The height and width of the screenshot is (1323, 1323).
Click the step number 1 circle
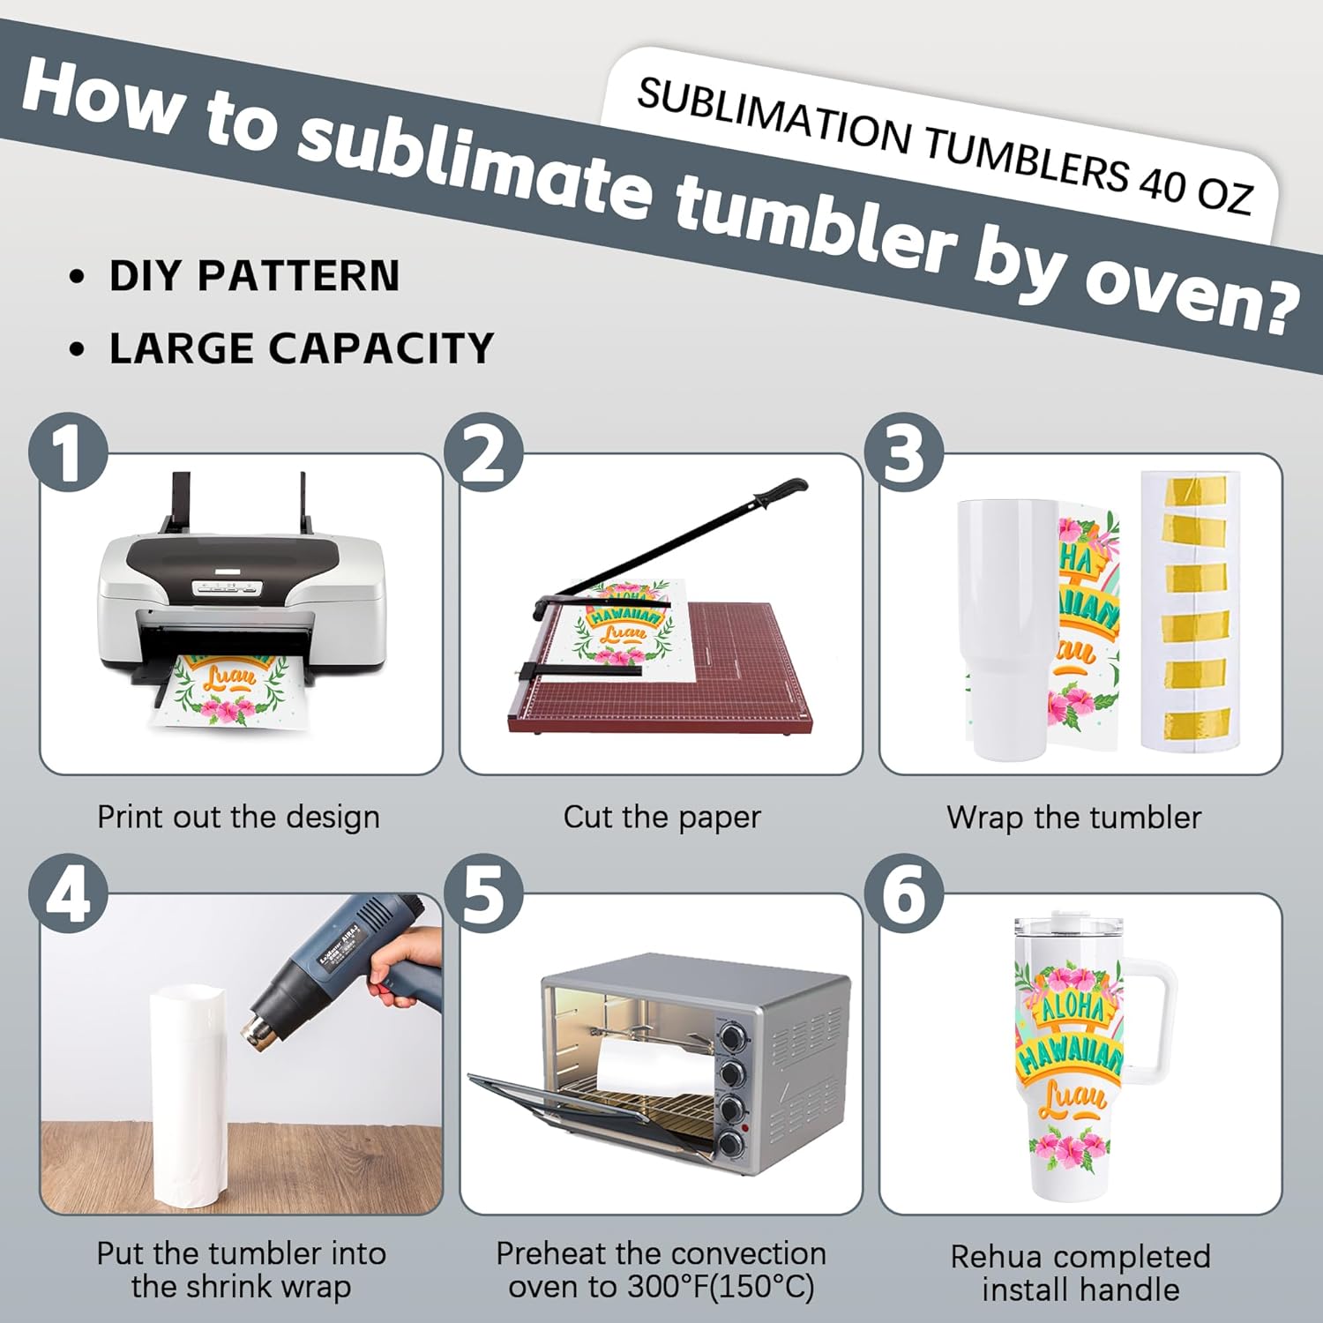(x=68, y=452)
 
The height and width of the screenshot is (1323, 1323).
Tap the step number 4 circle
(x=68, y=893)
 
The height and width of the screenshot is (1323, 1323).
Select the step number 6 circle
(x=904, y=893)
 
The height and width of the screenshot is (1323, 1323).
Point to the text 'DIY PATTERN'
(x=254, y=275)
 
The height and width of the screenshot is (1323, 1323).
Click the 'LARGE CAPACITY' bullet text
(x=301, y=348)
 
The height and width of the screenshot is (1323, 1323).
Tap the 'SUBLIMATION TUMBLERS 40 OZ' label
(x=944, y=146)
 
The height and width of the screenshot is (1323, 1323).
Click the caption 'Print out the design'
(x=238, y=817)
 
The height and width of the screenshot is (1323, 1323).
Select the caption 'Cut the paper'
(x=661, y=817)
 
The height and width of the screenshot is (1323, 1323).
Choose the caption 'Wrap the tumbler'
(x=1073, y=817)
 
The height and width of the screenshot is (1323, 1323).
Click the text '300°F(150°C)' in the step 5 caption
(x=721, y=1287)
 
